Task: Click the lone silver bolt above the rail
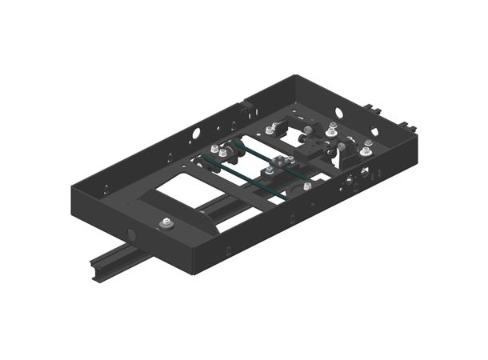point(166,223)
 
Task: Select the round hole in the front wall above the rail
point(129,234)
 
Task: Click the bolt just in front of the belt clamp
point(270,170)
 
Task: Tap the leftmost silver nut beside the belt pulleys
point(214,150)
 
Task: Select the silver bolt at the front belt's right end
point(307,187)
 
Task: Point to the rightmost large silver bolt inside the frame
point(366,150)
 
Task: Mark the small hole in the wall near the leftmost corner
point(105,190)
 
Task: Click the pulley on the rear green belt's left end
point(237,146)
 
